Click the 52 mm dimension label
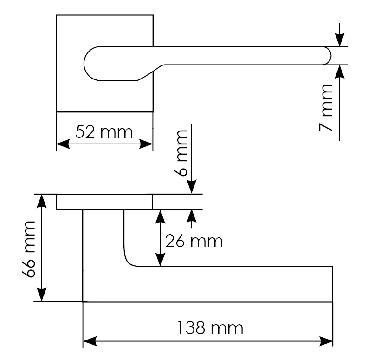coord(103,132)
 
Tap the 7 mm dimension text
coord(328,108)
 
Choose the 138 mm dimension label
coord(210,328)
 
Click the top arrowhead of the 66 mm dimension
coord(42,201)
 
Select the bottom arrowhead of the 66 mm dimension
coord(42,295)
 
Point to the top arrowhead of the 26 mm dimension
coord(160,216)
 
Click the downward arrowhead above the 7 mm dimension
coord(340,40)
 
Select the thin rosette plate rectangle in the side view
coord(104,202)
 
